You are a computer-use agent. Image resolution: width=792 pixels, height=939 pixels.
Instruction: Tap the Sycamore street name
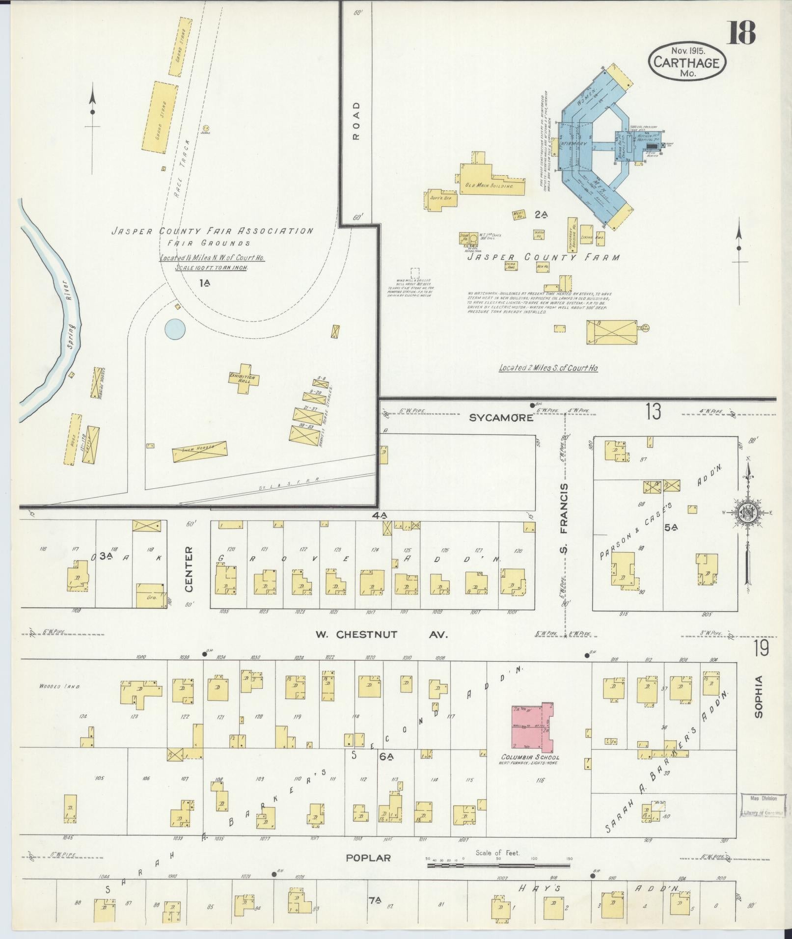[x=500, y=418]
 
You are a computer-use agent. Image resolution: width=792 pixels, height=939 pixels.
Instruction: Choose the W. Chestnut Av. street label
[x=382, y=635]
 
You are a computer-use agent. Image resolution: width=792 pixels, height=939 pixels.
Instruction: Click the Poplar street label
[x=368, y=858]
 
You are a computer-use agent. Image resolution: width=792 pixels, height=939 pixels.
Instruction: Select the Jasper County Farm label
[x=543, y=257]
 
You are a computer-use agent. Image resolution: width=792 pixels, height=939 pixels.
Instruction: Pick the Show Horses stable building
[x=199, y=450]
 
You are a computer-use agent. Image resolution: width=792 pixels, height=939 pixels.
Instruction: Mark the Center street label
[x=189, y=562]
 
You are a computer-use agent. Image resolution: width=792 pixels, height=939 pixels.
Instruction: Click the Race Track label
[x=181, y=180]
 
